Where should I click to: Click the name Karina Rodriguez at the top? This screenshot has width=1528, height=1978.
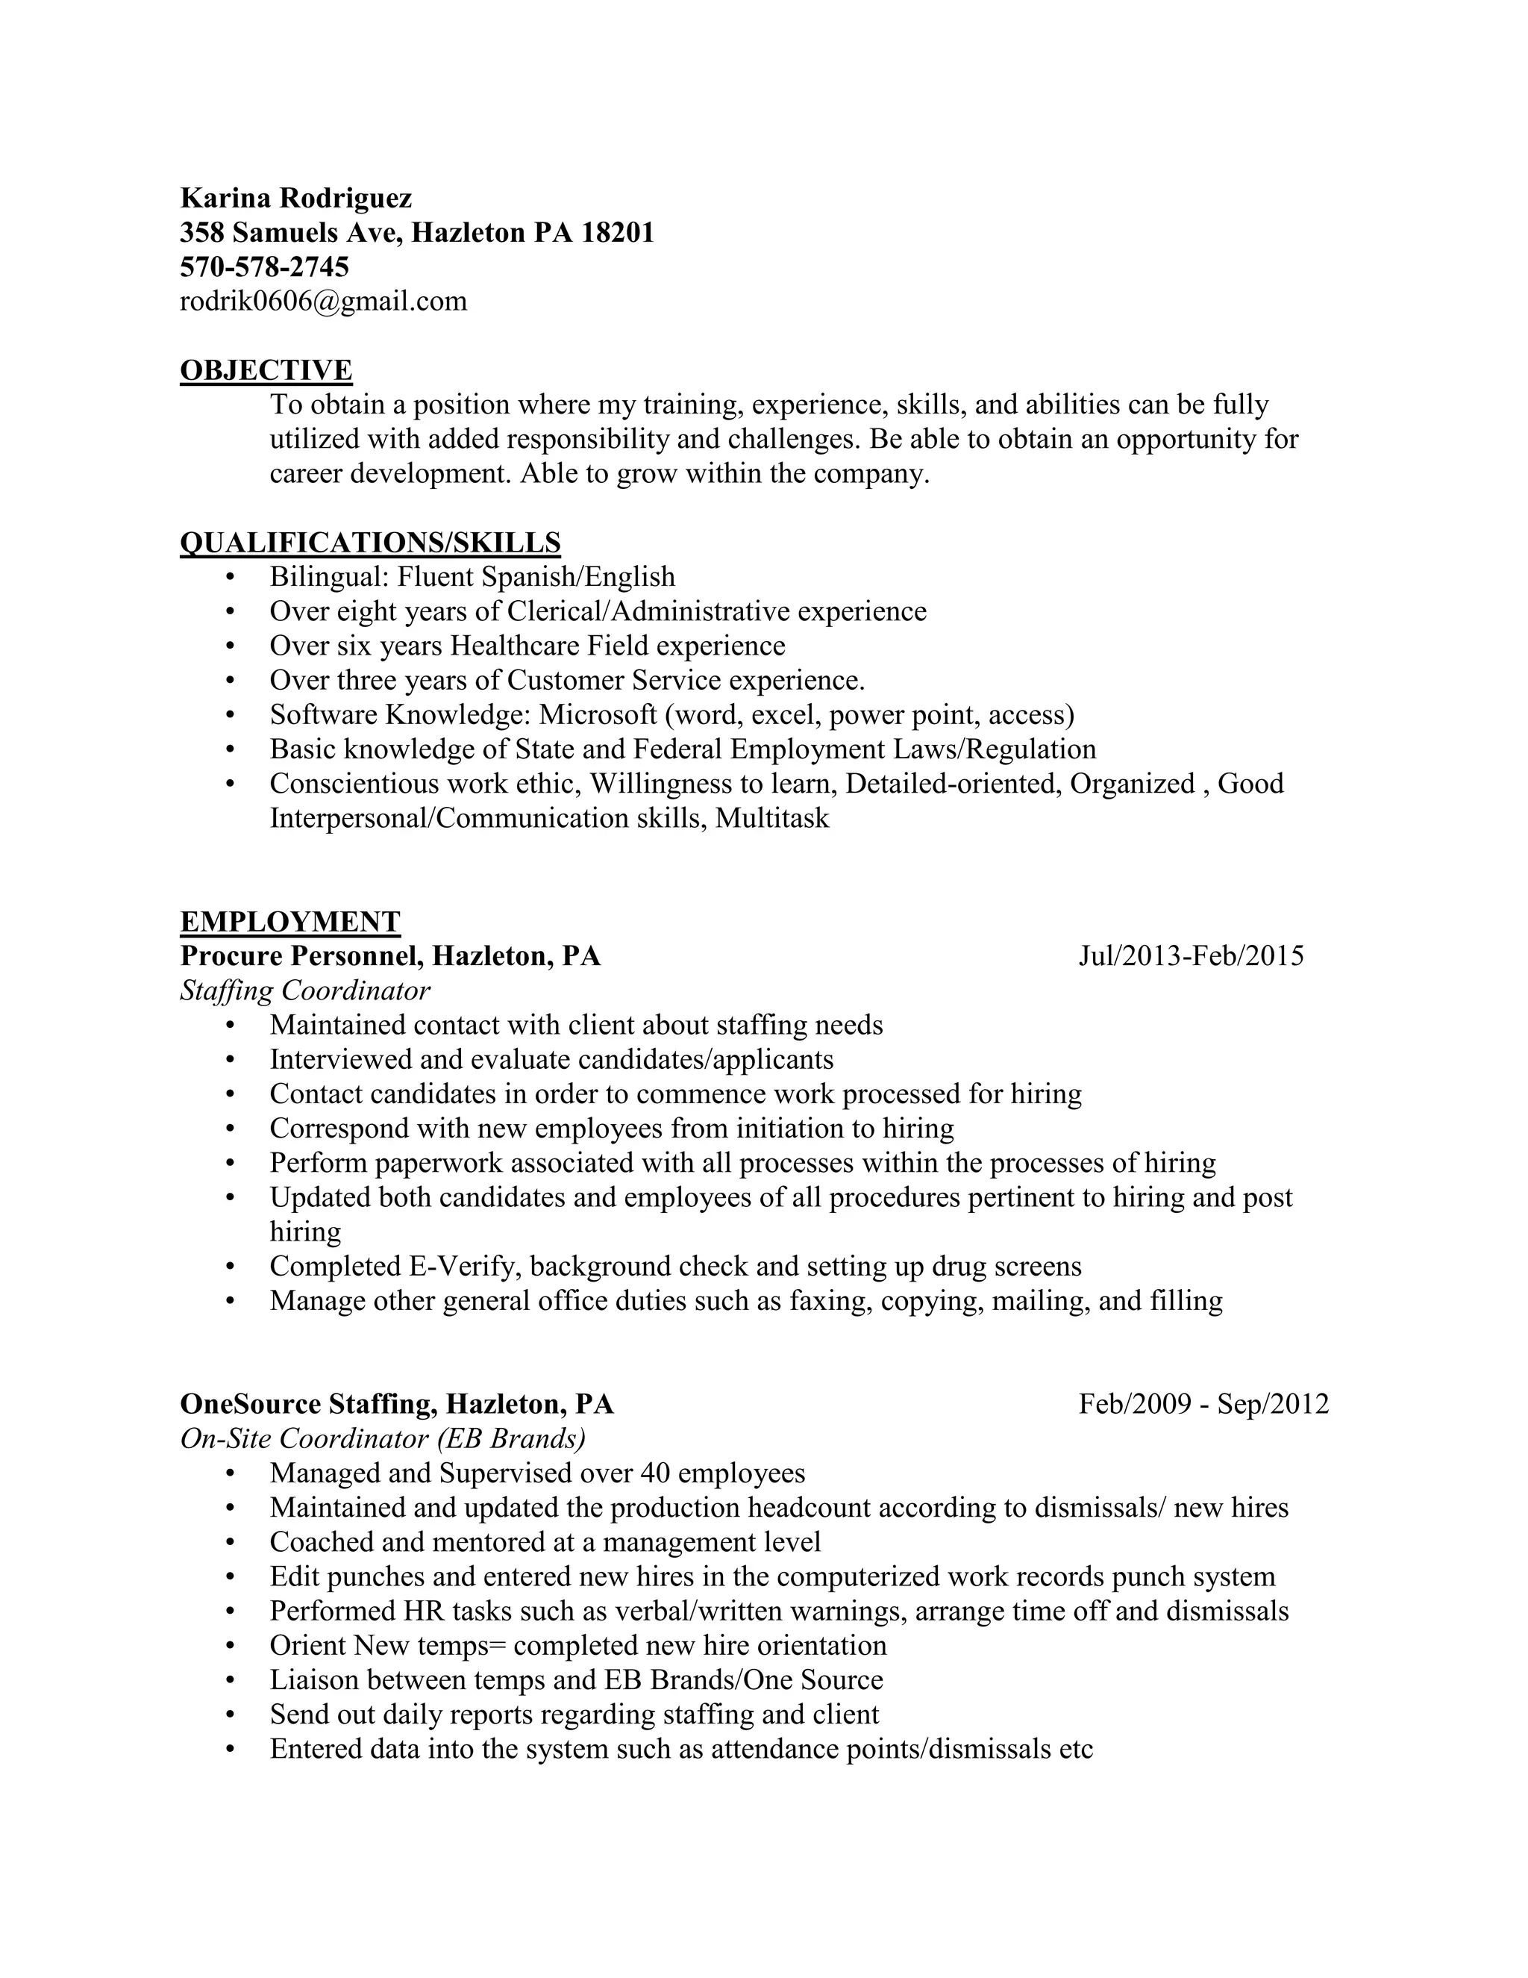[x=296, y=198]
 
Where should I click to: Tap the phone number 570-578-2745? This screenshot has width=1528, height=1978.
[x=264, y=266]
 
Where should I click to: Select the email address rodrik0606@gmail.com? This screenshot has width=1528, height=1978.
[x=323, y=301]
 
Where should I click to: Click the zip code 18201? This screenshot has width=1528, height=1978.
[x=616, y=233]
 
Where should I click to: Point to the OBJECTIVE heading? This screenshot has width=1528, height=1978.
[x=266, y=370]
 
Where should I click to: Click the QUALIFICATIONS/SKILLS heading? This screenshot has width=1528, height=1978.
[x=370, y=543]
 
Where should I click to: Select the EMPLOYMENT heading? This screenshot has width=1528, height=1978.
[x=289, y=921]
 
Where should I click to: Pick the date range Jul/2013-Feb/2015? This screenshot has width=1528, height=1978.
[x=1190, y=955]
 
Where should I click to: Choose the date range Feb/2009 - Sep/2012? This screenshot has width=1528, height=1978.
[x=1203, y=1404]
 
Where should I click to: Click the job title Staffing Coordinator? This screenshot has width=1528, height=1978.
[x=305, y=990]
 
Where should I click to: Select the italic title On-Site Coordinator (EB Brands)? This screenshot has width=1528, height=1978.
[x=383, y=1438]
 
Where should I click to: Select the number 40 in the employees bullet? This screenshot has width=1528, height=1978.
[x=654, y=1473]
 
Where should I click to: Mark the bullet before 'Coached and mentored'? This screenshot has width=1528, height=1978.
[x=230, y=1542]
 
